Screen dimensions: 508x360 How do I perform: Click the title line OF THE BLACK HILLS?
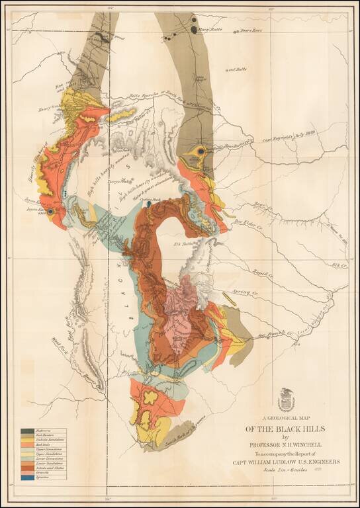[x=286, y=428]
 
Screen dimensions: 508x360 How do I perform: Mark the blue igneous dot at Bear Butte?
[x=200, y=151]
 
